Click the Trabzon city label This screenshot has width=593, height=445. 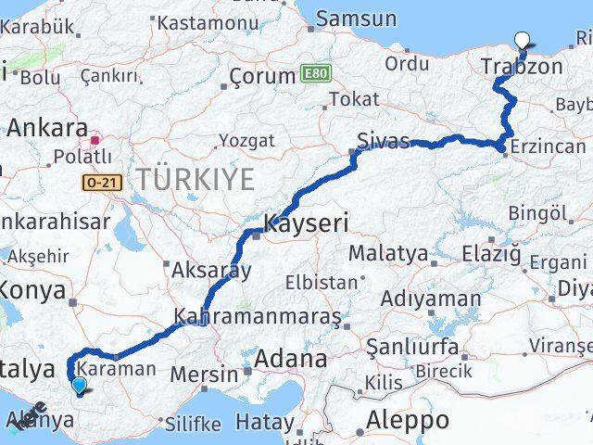coord(523,67)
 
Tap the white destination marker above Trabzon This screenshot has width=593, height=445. coord(523,40)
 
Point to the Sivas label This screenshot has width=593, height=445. coord(384,141)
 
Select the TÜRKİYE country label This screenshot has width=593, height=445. coord(195,179)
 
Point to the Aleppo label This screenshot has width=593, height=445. coord(408,420)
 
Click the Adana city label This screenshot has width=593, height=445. coord(290,358)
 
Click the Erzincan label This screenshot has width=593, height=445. coord(552,146)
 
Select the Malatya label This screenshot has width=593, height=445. coord(387,253)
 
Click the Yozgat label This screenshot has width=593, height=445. coord(246,141)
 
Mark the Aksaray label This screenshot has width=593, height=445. coord(211,271)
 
